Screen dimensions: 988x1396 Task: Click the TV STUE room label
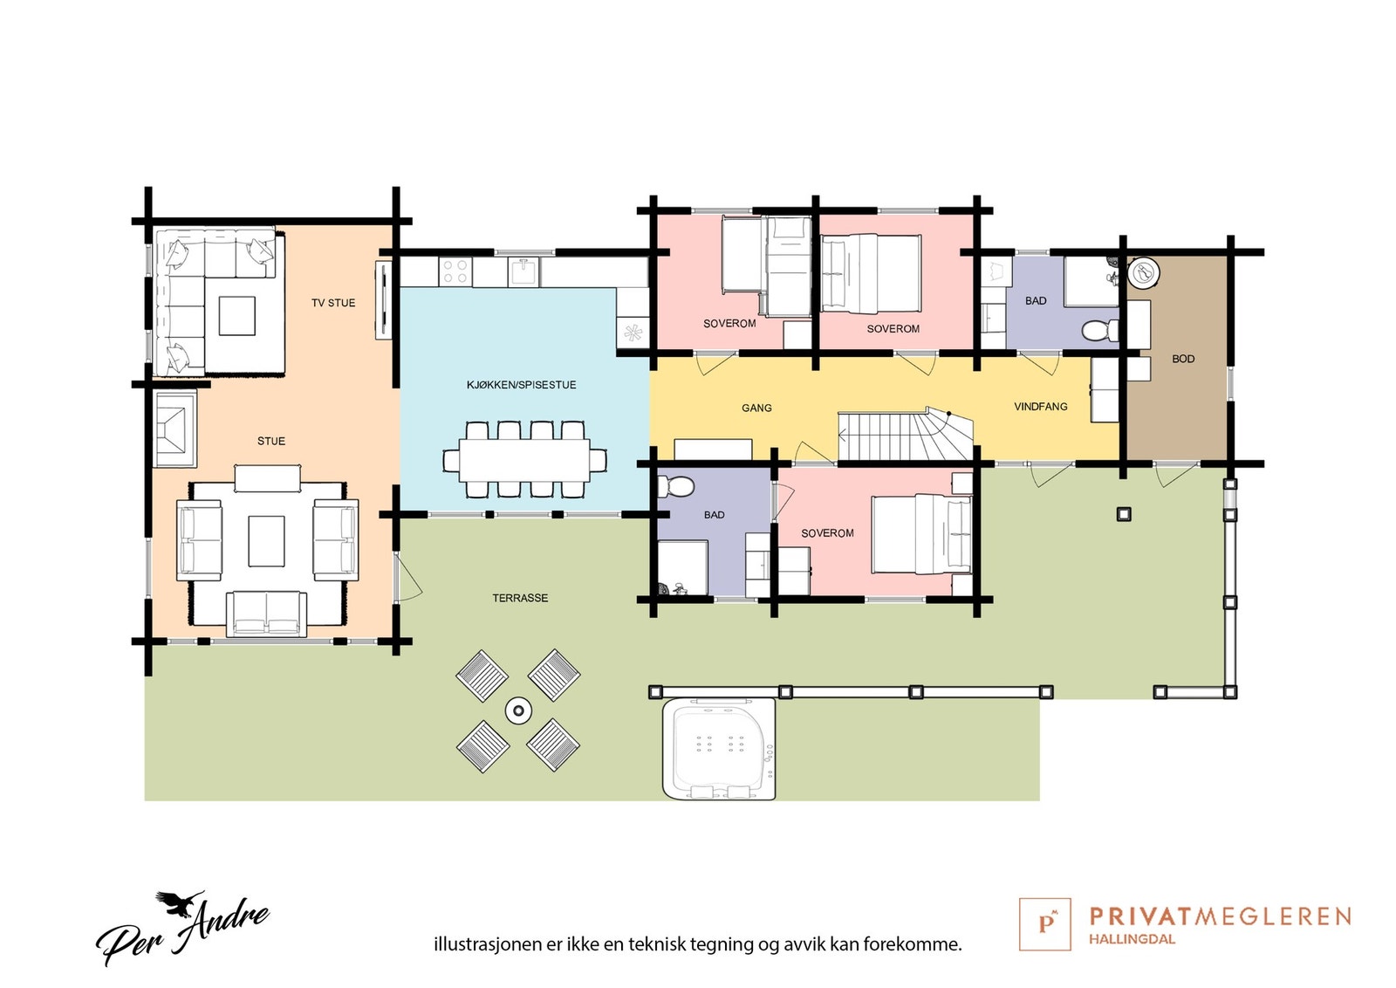pyautogui.click(x=333, y=303)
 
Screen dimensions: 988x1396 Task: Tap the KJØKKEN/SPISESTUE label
pyautogui.click(x=521, y=385)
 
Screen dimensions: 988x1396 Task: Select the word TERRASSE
pyautogui.click(x=520, y=598)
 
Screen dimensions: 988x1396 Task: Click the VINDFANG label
pyautogui.click(x=1040, y=407)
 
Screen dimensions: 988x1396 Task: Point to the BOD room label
pyautogui.click(x=1183, y=359)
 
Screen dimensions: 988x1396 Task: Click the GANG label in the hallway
pyautogui.click(x=756, y=408)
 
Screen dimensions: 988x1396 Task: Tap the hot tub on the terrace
pyautogui.click(x=719, y=748)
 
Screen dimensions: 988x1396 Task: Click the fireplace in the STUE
pyautogui.click(x=175, y=428)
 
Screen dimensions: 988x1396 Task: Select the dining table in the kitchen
pyautogui.click(x=523, y=460)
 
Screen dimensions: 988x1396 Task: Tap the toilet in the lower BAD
pyautogui.click(x=676, y=485)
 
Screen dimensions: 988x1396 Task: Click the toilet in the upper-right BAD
pyautogui.click(x=1099, y=331)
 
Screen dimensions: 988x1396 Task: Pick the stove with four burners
pyautogui.click(x=455, y=271)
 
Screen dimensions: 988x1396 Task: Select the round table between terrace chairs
pyautogui.click(x=518, y=710)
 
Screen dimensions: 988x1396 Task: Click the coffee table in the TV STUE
pyautogui.click(x=236, y=315)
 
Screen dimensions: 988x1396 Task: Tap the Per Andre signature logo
pyautogui.click(x=183, y=929)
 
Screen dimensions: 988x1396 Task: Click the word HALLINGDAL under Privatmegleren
pyautogui.click(x=1132, y=939)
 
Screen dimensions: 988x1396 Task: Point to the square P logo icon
pyautogui.click(x=1044, y=923)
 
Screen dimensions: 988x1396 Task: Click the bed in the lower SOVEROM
pyautogui.click(x=920, y=534)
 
